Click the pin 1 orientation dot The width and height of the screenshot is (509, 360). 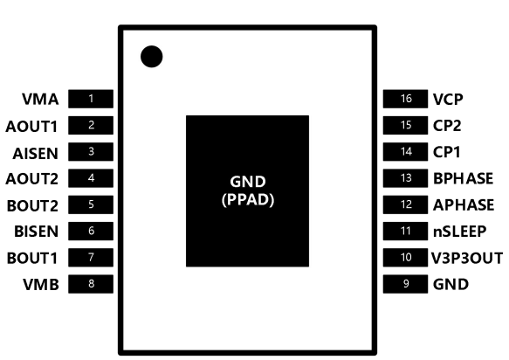tap(152, 57)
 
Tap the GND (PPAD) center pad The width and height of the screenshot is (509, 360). tap(247, 191)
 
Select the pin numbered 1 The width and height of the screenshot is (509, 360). tap(91, 99)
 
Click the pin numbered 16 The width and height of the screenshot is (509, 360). tap(405, 99)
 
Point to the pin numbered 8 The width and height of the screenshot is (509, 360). tap(91, 284)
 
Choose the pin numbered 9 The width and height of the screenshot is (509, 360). tap(405, 284)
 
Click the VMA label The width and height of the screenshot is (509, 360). tap(40, 99)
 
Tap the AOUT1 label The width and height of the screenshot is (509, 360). tap(31, 127)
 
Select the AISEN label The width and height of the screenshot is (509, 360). tap(36, 154)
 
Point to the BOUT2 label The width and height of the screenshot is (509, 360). tap(32, 205)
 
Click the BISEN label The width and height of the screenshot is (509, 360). tap(36, 232)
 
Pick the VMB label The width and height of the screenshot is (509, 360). tap(41, 284)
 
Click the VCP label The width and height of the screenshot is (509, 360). tap(448, 99)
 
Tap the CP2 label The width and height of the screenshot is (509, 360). tap(447, 126)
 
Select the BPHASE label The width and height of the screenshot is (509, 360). tap(464, 178)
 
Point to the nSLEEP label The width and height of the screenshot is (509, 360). tap(459, 232)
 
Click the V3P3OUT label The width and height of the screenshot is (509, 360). tap(467, 258)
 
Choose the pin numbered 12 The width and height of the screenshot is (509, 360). tap(405, 204)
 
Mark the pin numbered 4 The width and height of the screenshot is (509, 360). tap(91, 178)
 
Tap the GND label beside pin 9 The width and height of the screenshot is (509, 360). tap(451, 284)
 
